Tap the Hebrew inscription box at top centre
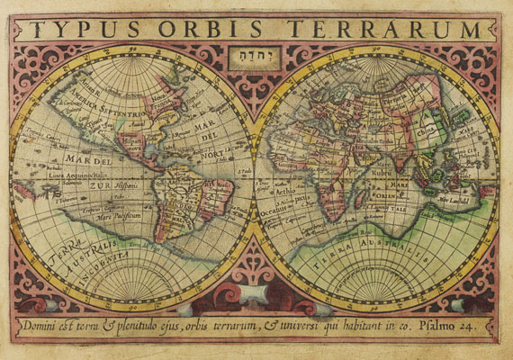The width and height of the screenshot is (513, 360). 256,57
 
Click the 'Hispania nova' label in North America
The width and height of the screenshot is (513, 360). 126,144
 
